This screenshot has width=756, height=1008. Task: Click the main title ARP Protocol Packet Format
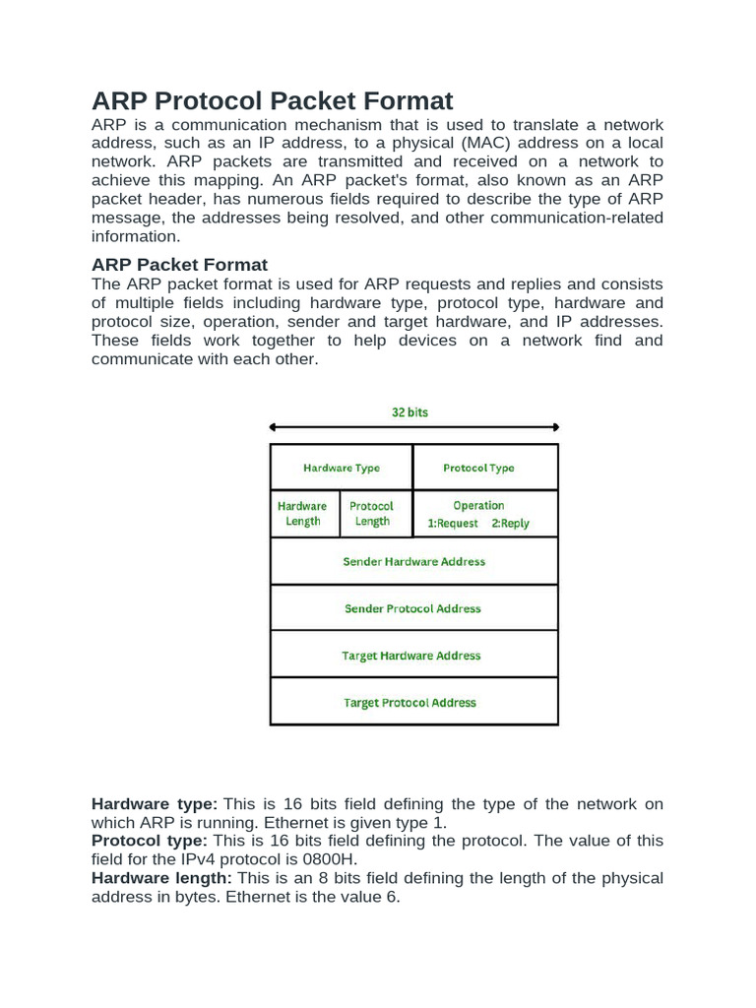tap(272, 100)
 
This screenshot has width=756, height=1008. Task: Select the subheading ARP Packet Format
tap(179, 265)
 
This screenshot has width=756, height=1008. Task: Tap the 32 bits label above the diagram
tap(410, 412)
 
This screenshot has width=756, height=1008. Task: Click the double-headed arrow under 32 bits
tap(413, 427)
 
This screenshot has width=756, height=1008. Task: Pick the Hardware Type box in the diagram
tap(341, 468)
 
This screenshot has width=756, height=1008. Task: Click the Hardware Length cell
tap(303, 514)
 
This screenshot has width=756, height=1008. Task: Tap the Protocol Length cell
tap(373, 514)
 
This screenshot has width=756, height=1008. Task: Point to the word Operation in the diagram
tap(478, 506)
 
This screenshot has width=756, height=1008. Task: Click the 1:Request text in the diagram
tap(453, 524)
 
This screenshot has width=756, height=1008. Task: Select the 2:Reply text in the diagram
tap(510, 524)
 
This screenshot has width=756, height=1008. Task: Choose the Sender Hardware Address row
tap(413, 561)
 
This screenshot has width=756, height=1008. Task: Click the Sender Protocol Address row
tap(413, 608)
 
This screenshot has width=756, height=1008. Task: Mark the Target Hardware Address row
tap(413, 656)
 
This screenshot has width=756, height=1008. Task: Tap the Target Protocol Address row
tap(413, 703)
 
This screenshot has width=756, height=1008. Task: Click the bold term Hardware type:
tap(155, 804)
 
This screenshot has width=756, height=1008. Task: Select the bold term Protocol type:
tap(150, 841)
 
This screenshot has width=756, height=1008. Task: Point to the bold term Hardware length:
tap(161, 878)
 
